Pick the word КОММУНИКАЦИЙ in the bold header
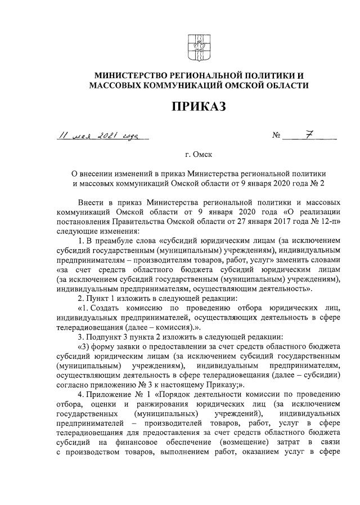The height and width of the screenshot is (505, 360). pos(188,85)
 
